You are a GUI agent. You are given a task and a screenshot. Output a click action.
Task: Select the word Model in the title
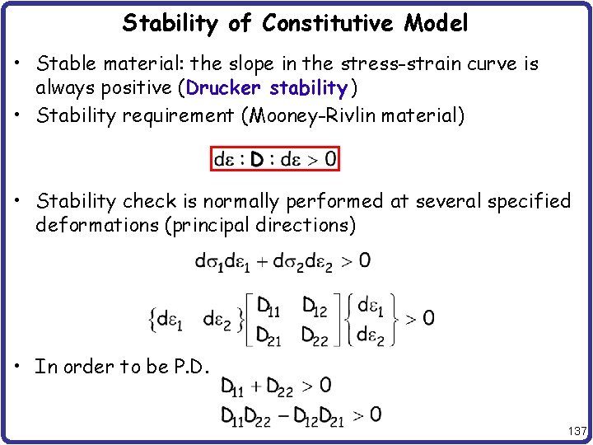coord(436,24)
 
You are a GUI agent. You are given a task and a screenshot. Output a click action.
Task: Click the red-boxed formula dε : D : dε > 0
coord(275,157)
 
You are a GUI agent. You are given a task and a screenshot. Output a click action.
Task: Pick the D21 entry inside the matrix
coord(268,335)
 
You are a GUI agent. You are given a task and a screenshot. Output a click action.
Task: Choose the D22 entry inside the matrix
coord(314,335)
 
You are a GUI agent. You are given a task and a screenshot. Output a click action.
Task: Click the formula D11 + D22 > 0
coord(276,386)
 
